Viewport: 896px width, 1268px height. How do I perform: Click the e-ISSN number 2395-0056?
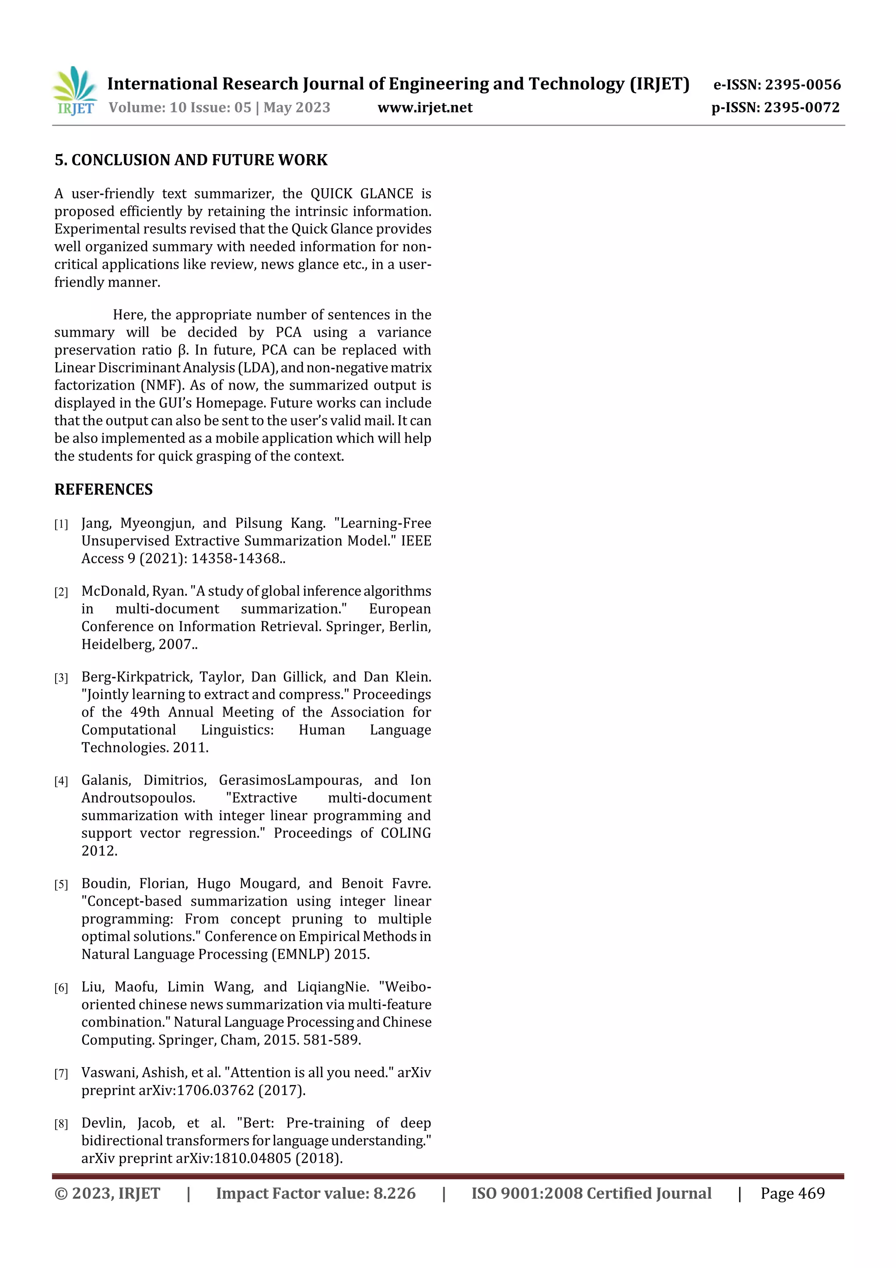click(803, 84)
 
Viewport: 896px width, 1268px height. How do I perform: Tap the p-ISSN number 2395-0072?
click(801, 108)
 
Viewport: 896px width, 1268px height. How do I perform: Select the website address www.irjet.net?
click(424, 108)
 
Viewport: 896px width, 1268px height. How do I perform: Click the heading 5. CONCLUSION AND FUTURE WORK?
click(191, 160)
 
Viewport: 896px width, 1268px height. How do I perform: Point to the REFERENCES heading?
click(103, 489)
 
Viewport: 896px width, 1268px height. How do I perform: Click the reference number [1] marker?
click(61, 524)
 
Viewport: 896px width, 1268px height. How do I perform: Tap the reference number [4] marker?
click(61, 781)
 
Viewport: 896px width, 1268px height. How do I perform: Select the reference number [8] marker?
click(61, 1124)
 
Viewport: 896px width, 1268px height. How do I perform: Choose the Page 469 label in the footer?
click(792, 1194)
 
